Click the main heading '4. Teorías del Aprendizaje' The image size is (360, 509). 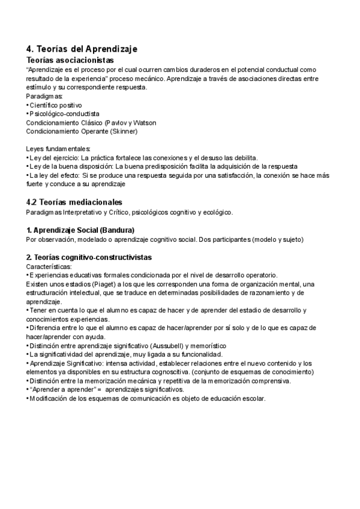click(82, 49)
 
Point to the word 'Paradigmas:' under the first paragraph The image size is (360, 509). click(44, 96)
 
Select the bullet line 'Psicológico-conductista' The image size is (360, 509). click(64, 113)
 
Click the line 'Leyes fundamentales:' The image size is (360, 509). click(59, 148)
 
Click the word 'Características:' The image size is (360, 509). click(49, 266)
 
